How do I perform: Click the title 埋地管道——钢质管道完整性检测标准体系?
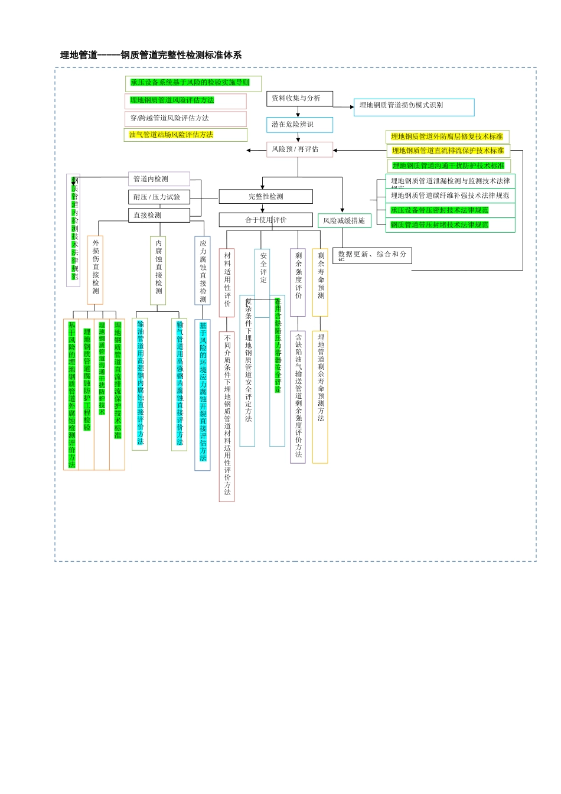[151, 55]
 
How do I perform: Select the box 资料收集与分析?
[299, 99]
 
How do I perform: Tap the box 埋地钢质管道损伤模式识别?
[413, 106]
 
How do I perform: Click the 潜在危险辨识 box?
[299, 125]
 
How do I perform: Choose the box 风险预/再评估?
[299, 149]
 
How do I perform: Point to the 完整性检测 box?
[266, 197]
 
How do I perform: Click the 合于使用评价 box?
[266, 220]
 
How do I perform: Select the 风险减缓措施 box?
[344, 221]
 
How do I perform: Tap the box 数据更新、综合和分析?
[372, 255]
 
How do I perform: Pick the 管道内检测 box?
[159, 179]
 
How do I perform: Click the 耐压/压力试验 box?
[159, 197]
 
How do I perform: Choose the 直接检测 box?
[159, 216]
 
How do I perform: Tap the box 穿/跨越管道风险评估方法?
[185, 119]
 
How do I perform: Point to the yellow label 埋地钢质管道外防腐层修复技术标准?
[447, 137]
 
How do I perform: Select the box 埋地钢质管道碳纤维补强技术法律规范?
[450, 196]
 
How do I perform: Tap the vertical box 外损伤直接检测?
[95, 270]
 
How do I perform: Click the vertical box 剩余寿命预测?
[321, 282]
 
